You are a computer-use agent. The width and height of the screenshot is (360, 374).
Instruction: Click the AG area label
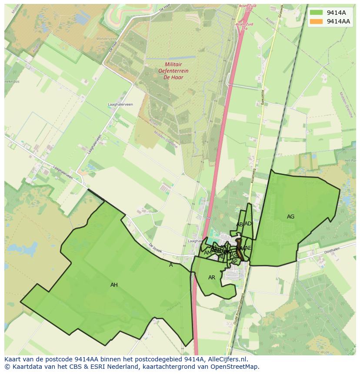(x=290, y=216)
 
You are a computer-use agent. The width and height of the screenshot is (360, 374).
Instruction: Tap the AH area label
(x=114, y=285)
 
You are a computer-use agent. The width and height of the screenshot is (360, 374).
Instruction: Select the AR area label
(x=212, y=278)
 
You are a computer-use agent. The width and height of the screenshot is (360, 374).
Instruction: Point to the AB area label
(x=240, y=225)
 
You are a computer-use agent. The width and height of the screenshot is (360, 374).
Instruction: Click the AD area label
(x=248, y=224)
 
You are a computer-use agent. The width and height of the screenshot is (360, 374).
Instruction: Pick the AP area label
(x=234, y=261)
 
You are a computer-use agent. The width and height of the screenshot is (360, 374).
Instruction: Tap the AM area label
(x=207, y=253)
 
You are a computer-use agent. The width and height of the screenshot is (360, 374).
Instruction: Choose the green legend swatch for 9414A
(x=317, y=13)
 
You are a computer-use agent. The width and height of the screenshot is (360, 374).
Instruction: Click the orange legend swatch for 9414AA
(x=317, y=21)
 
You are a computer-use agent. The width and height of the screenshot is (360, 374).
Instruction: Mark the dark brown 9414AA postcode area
(x=238, y=249)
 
